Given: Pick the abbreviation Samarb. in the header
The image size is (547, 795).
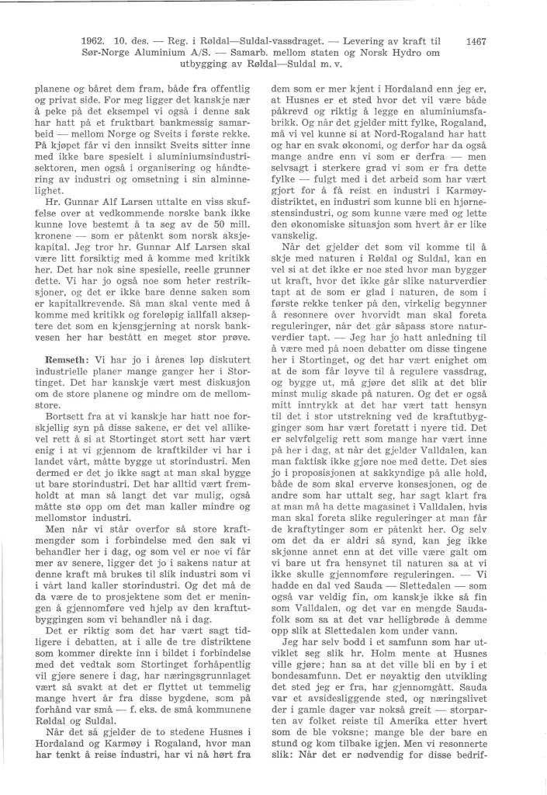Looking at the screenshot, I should (x=245, y=50).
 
